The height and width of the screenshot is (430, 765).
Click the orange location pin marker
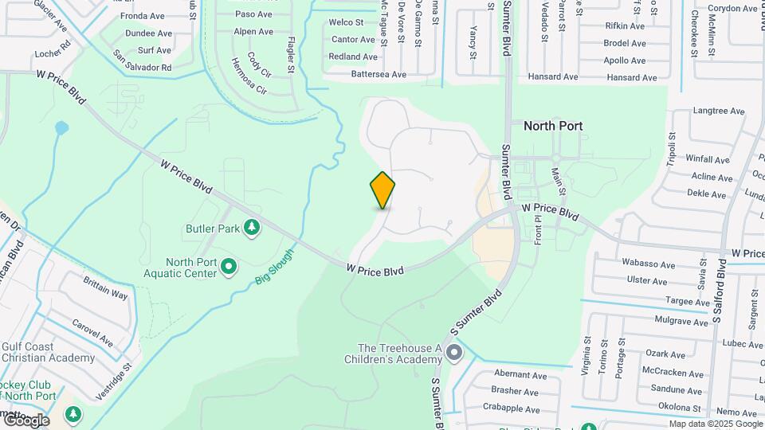(x=382, y=190)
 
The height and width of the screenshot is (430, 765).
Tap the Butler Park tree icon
(x=253, y=229)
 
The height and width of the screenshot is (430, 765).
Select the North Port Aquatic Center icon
(x=229, y=266)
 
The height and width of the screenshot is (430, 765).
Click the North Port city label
(x=553, y=126)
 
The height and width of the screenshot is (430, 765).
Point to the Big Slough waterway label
(x=275, y=267)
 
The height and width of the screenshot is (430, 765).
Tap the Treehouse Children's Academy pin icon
(x=454, y=351)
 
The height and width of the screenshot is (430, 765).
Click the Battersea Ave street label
(x=379, y=74)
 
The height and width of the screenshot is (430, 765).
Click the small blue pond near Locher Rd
(x=61, y=127)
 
